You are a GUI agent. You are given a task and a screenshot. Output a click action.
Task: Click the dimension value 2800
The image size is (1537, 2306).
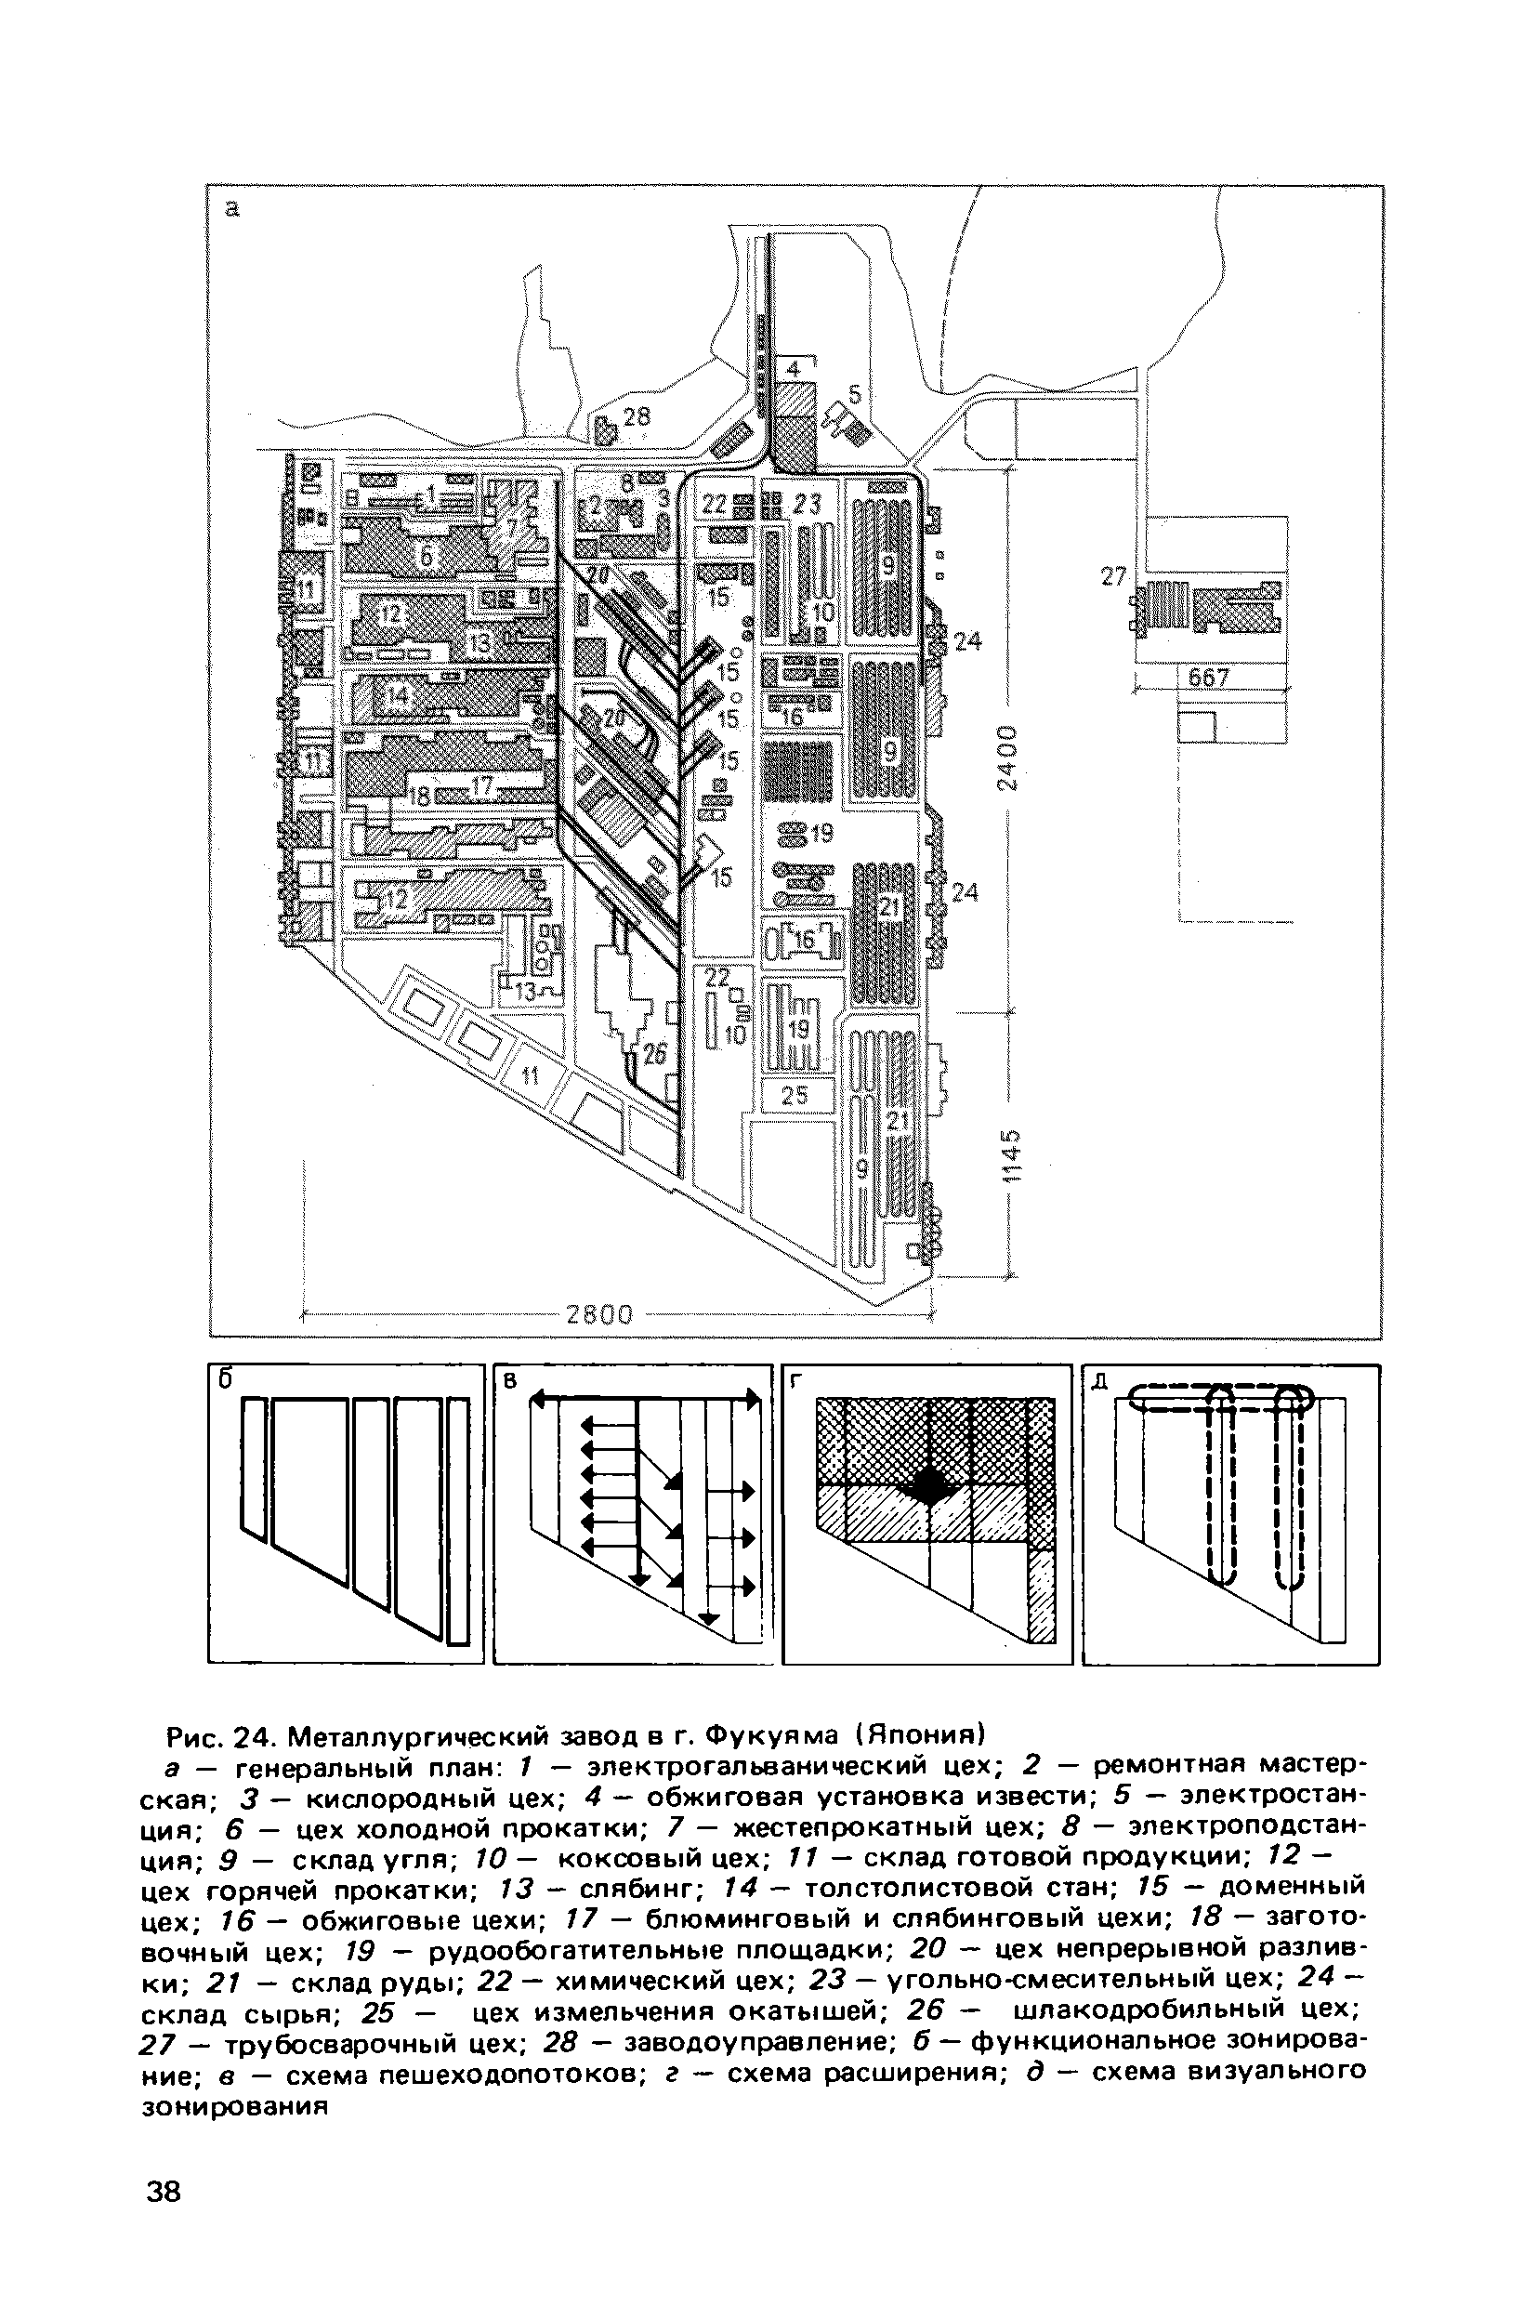(600, 1315)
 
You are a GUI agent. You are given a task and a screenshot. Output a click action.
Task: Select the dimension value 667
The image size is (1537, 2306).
(1208, 678)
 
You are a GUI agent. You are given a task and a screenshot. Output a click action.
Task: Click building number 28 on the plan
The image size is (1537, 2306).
(637, 416)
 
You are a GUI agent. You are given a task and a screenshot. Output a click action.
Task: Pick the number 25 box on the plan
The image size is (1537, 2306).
(795, 1095)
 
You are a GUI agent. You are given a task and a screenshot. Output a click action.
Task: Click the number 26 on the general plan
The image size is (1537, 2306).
(654, 1054)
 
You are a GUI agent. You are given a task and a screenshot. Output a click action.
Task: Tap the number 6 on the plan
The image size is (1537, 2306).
(427, 556)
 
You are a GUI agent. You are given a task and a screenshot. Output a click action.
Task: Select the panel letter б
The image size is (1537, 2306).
(225, 1378)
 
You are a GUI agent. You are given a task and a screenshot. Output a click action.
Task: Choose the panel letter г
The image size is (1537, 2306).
(796, 1380)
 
